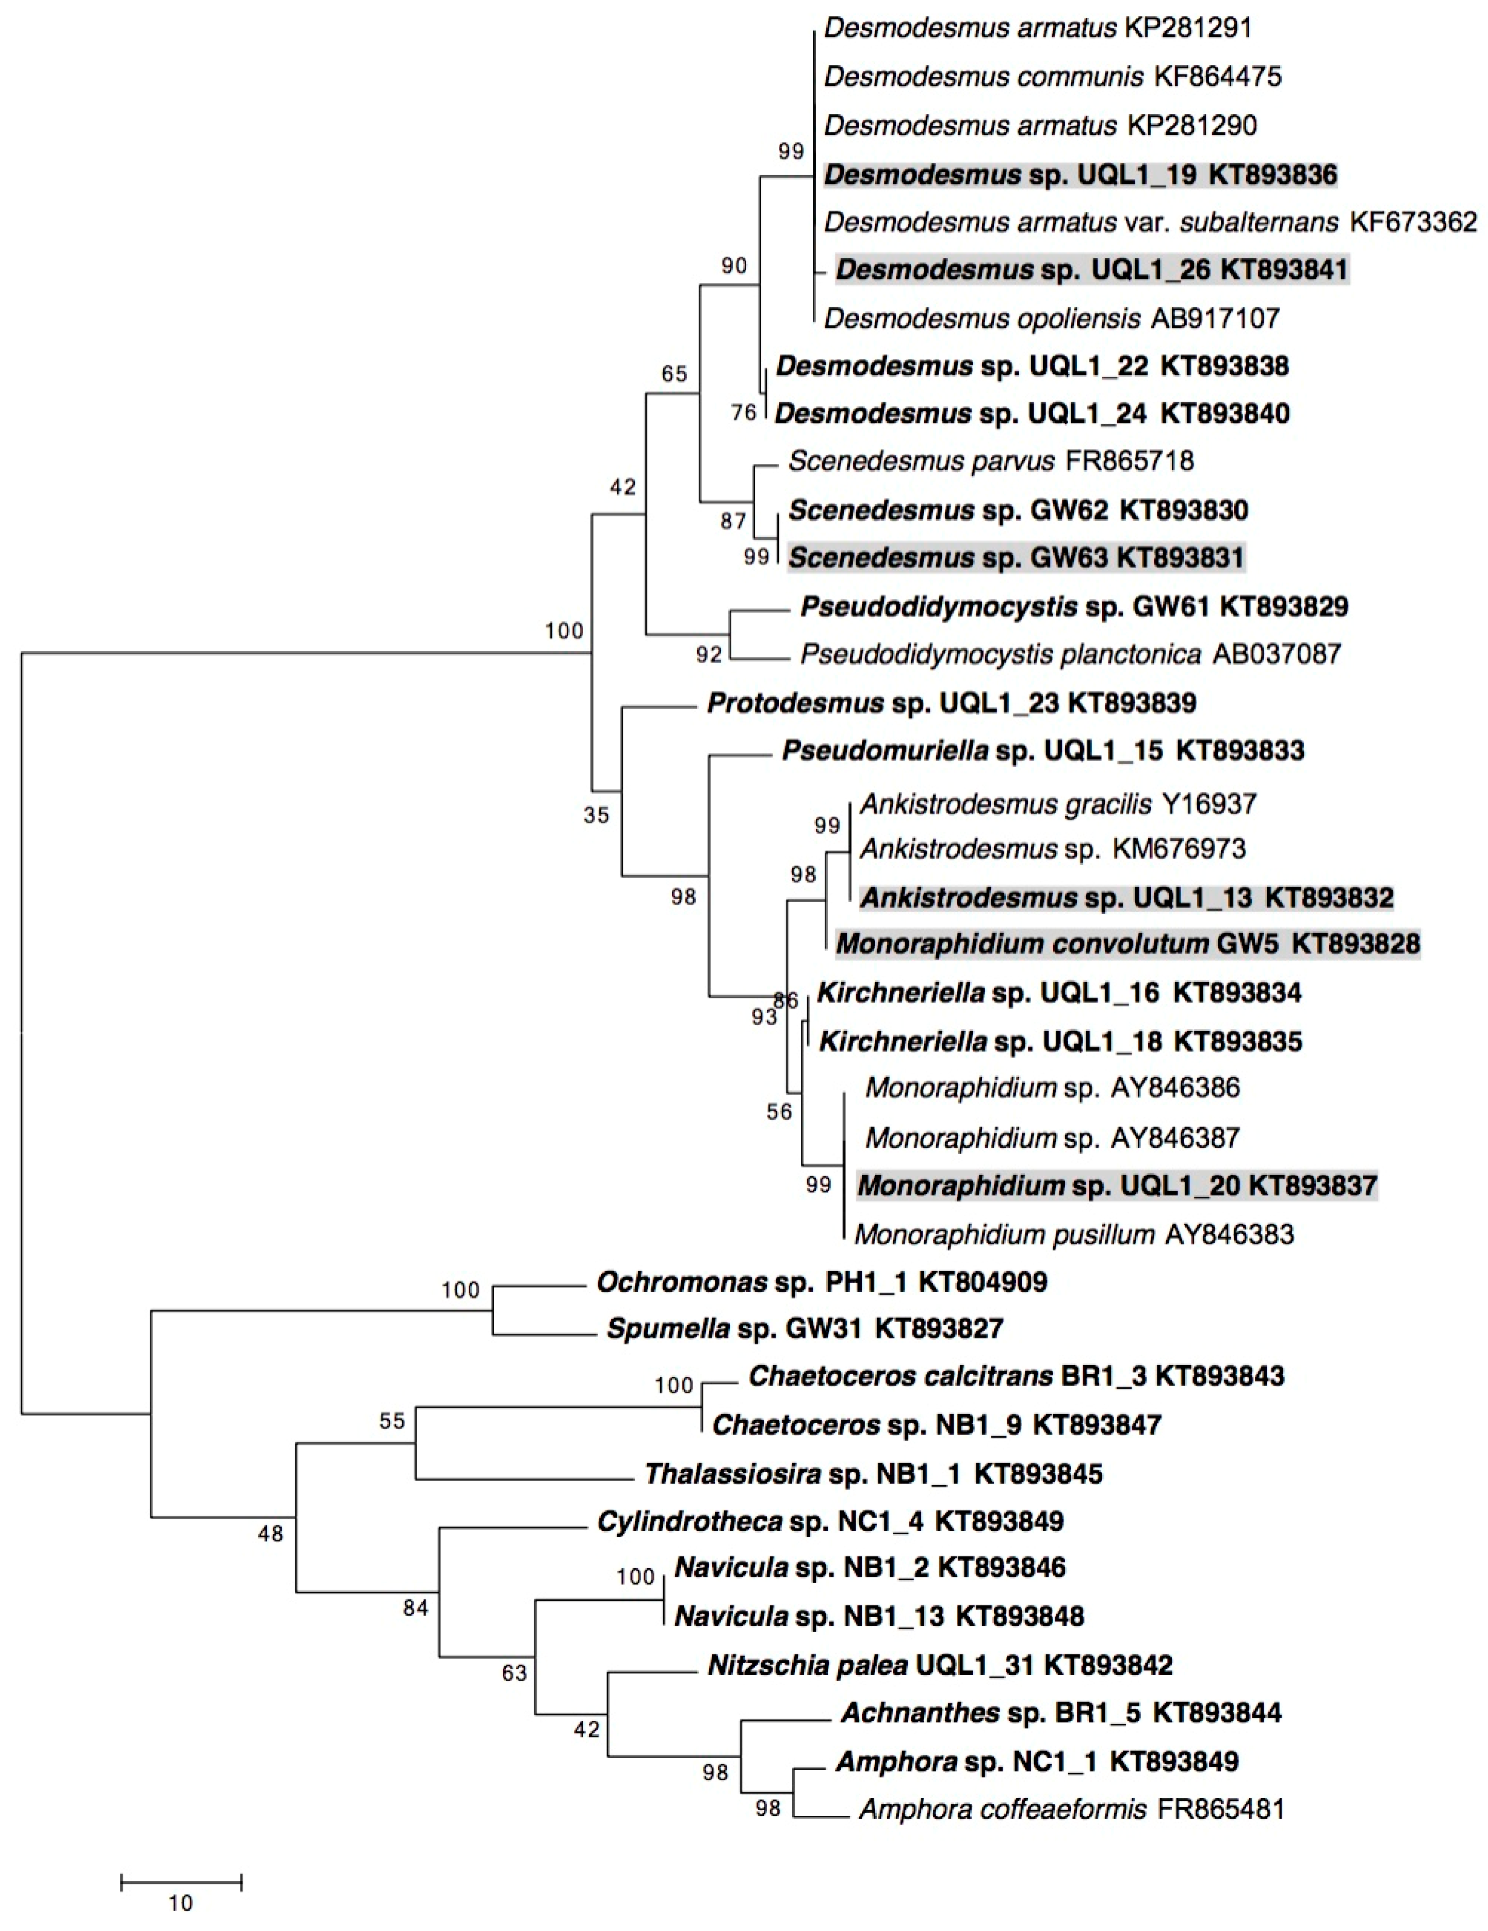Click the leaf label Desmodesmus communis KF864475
pos(1052,77)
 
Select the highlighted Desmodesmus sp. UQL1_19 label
pos(1080,174)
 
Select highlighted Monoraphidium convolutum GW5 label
pos(1127,944)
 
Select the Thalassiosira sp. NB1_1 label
pos(873,1474)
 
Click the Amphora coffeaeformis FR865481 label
pos(1071,1809)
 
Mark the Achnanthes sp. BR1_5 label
pos(1060,1713)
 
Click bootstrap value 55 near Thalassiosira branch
pos(392,1421)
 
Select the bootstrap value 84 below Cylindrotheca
pos(416,1608)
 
